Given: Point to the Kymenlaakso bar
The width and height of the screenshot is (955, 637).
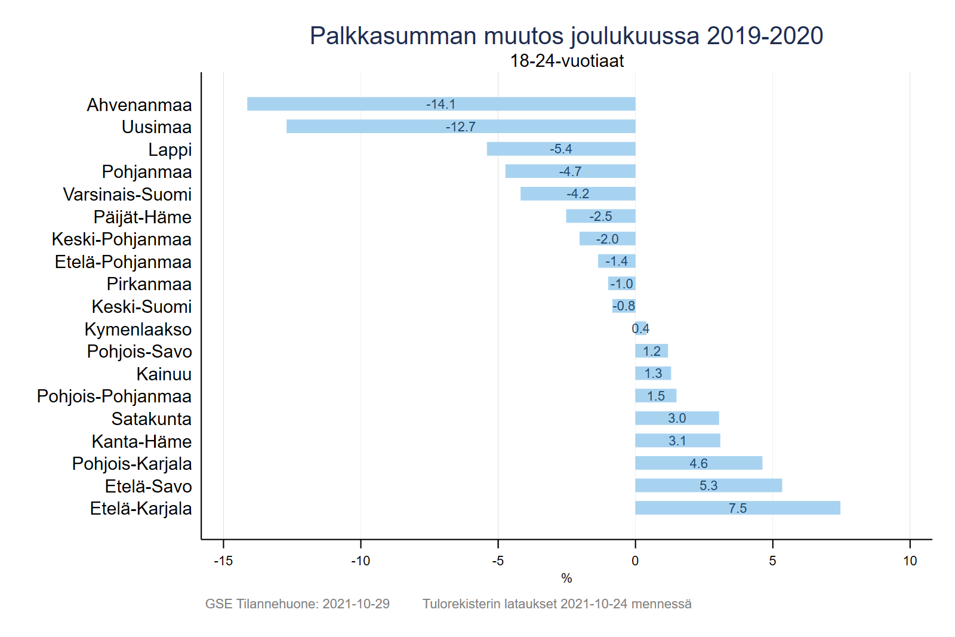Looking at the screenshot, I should coord(640,328).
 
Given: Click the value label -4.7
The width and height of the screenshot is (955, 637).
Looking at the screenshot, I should coord(570,172).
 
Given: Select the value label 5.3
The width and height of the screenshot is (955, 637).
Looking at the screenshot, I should coord(708,486).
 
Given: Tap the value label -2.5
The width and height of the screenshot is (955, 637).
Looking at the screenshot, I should coord(600,217).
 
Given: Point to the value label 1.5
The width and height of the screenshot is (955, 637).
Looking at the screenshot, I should coord(656,396).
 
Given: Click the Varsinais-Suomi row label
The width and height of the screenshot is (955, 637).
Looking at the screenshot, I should coord(127,195).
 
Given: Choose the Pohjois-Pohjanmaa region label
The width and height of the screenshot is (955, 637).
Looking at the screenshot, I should coord(114,396).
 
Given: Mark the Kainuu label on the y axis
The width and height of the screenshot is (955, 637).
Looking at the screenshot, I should coord(164,374).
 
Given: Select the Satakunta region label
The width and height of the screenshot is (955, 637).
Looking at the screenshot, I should coord(152,419).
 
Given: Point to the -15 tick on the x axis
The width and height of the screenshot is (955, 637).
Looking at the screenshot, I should coord(223,561).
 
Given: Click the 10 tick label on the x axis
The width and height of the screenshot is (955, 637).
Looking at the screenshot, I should coord(910,561).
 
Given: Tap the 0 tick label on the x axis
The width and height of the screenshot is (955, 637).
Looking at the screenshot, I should coord(635,561).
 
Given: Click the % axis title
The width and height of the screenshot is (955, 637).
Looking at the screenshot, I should coord(566,578).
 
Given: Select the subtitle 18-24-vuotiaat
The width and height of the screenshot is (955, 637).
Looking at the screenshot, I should coord(566,61).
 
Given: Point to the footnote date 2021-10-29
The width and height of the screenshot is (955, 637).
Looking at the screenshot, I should coord(356,604).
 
